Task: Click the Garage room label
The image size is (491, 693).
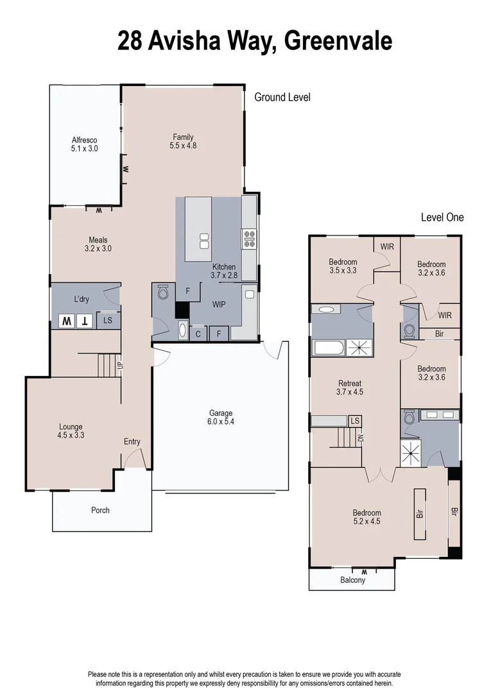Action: coord(220,418)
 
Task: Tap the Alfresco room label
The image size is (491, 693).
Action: coord(84,144)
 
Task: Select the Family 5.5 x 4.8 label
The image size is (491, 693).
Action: coord(183,141)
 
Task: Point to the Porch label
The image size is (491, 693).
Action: coord(100,510)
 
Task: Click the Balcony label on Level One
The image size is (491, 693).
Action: coord(352,580)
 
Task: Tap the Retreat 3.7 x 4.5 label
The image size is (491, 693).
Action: coord(350,388)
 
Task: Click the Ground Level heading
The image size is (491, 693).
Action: coord(282,98)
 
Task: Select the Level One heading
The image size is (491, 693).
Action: coord(442,218)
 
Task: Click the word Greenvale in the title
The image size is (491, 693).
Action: coord(338,42)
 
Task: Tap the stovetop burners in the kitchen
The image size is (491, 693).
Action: coord(249,239)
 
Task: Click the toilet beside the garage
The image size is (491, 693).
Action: coord(162,293)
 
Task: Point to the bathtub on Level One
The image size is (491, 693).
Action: coord(329,348)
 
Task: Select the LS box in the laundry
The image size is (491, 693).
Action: coord(108,320)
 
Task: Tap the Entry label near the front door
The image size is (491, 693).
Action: coord(132,441)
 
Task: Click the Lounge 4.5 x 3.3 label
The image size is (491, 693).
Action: coord(71,431)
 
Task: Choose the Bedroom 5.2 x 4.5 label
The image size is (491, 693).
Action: coord(366,517)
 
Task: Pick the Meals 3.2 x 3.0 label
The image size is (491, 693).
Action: coord(98,244)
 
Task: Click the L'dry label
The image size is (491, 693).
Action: coord(82,299)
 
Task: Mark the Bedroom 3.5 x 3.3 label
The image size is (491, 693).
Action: coord(343,266)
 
